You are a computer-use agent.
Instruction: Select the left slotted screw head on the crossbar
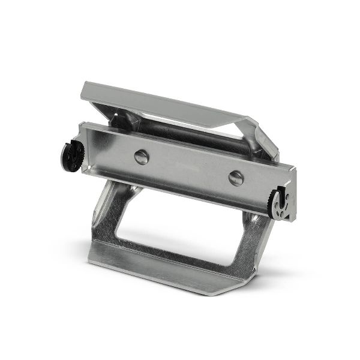point(142,157)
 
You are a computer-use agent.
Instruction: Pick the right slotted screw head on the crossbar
point(236,178)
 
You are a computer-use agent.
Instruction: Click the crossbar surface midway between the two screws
point(189,168)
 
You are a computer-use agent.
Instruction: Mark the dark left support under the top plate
point(117,120)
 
